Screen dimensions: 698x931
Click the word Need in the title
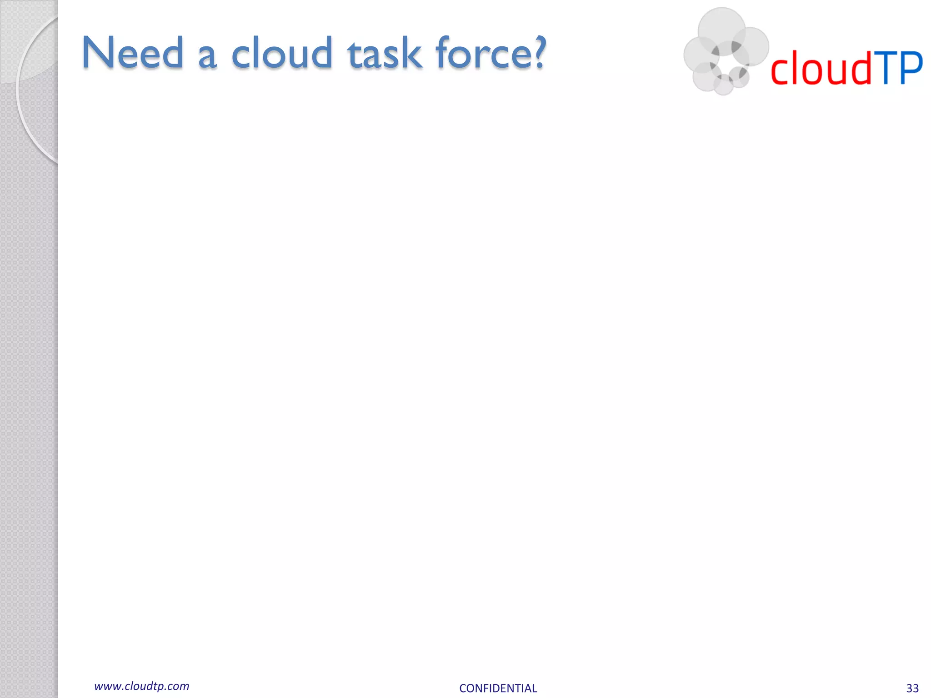(132, 53)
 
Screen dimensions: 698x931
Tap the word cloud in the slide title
(282, 53)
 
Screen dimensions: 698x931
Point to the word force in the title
(481, 53)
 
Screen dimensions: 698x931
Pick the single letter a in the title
(207, 57)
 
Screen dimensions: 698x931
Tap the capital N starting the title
(98, 53)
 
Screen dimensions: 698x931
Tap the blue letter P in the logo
(911, 68)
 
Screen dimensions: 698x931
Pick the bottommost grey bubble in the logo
(723, 85)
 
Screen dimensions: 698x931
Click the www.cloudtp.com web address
(141, 686)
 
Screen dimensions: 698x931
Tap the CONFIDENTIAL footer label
(498, 688)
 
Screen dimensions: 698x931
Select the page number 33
(912, 688)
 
